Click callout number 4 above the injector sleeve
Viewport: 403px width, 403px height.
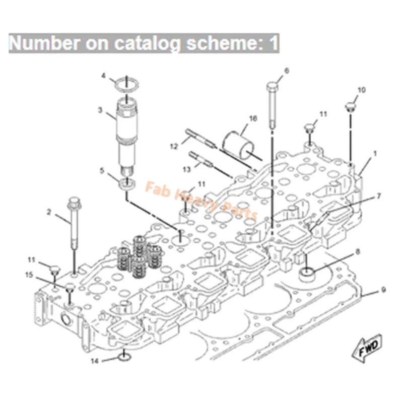pyautogui.click(x=103, y=76)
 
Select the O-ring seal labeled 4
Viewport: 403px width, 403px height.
pyautogui.click(x=126, y=85)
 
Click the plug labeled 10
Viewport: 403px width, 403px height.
pyautogui.click(x=349, y=106)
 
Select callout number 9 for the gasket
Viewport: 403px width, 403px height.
pyautogui.click(x=383, y=290)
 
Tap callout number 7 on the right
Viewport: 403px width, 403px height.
pyautogui.click(x=379, y=195)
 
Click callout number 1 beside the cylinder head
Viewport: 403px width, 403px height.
pyautogui.click(x=374, y=152)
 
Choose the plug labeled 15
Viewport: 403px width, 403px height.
pyautogui.click(x=70, y=288)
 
